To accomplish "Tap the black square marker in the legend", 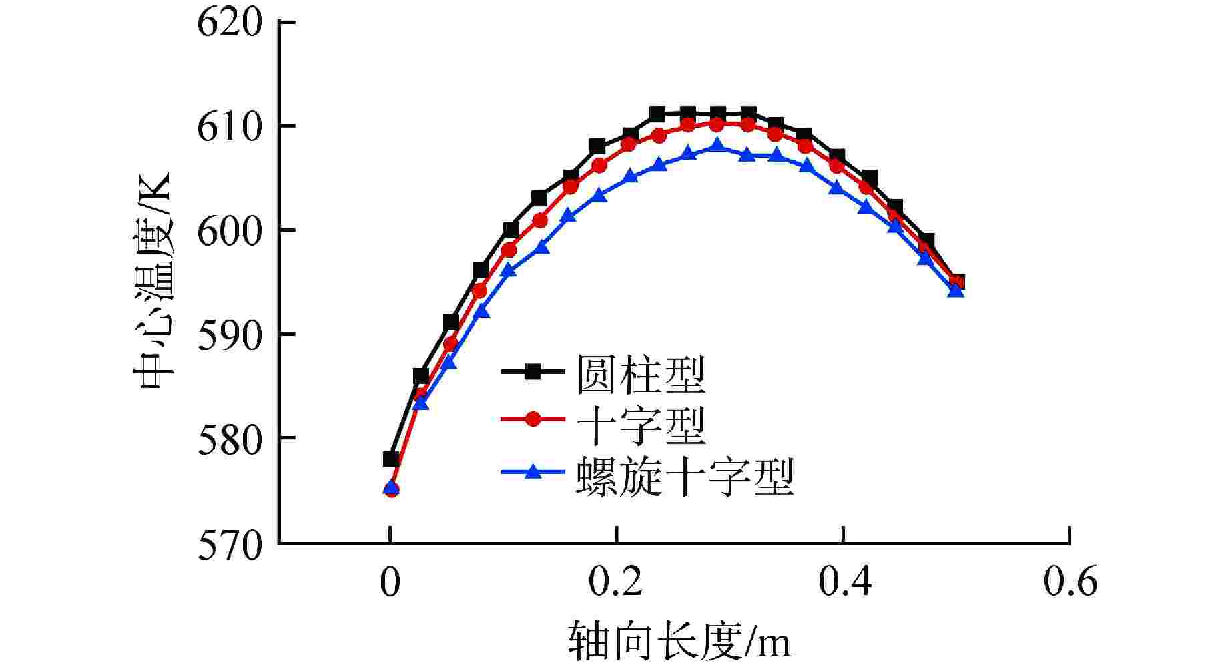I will coord(533,371).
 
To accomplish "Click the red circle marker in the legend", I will coord(533,419).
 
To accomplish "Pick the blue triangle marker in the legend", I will coord(533,472).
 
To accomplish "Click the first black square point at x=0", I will coord(391,459).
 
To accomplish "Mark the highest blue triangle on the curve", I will coord(717,145).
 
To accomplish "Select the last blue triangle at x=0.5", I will coord(956,290).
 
